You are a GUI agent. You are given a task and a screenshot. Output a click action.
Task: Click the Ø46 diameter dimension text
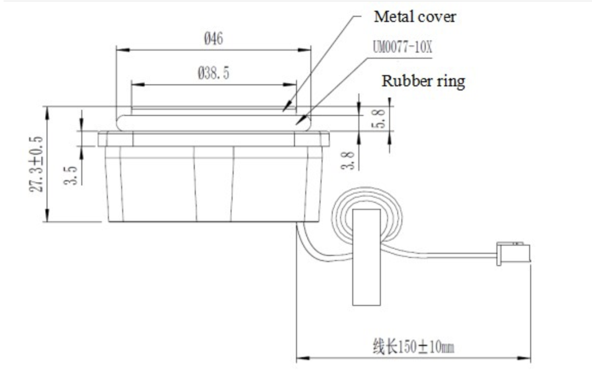coord(213,39)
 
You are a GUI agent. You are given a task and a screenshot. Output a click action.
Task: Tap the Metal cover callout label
coord(415,17)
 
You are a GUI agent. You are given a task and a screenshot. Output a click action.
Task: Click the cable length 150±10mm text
coord(413,348)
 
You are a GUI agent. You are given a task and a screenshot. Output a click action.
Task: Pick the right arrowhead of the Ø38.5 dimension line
coord(293,85)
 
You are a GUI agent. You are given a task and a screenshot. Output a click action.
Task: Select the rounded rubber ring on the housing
coord(214,122)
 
